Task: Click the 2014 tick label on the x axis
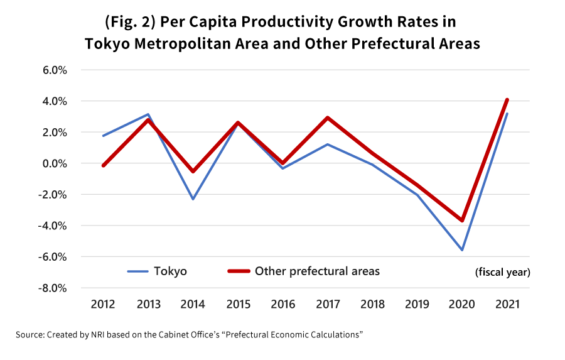[193, 305]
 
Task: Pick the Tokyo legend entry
[157, 271]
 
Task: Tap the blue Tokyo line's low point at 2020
[462, 250]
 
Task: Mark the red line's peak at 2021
[507, 100]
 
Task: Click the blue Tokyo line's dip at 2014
[193, 199]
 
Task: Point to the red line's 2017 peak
[327, 117]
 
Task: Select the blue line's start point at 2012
[103, 136]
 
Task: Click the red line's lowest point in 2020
[462, 221]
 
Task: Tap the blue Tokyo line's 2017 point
[327, 145]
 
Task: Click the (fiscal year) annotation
[502, 273]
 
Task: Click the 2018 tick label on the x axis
[372, 305]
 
